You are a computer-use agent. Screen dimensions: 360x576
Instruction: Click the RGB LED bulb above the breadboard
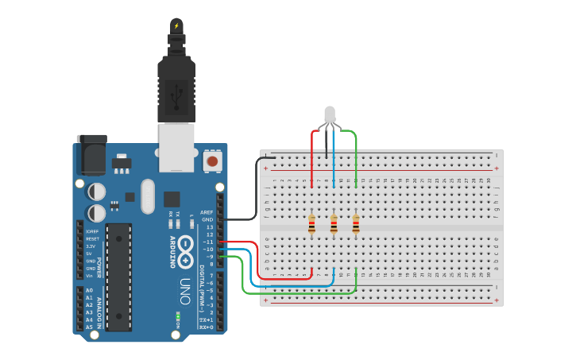(330, 115)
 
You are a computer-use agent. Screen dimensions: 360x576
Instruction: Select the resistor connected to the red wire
(312, 225)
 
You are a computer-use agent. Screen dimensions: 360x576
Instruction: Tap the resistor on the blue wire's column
(334, 225)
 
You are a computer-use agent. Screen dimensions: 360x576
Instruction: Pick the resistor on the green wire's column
(355, 225)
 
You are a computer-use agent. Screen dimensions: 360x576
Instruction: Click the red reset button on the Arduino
(211, 161)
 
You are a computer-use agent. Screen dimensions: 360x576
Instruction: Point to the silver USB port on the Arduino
(176, 147)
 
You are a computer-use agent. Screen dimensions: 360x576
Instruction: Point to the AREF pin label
(207, 212)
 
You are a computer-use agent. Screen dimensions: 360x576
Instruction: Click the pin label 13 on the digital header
(210, 227)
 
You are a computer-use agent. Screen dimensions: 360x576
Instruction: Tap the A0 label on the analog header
(90, 291)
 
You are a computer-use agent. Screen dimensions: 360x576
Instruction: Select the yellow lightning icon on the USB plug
(176, 25)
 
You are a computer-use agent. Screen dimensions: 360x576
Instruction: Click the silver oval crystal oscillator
(147, 196)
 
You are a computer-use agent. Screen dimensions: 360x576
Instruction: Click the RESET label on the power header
(92, 239)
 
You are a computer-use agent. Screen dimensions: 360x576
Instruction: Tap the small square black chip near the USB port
(172, 199)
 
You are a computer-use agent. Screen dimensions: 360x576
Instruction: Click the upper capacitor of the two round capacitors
(96, 192)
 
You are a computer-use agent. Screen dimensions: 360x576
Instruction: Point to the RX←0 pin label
(206, 327)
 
